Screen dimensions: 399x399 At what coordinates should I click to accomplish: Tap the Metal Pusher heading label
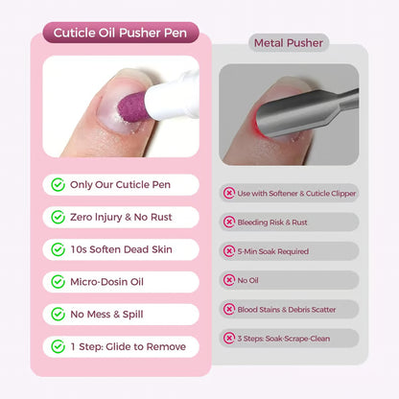[x=289, y=43]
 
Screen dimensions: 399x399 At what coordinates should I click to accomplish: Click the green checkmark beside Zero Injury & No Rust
[x=59, y=218]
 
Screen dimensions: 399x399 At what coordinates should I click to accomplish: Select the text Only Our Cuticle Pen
[x=121, y=185]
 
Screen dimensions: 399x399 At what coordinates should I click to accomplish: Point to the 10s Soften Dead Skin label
[x=121, y=249]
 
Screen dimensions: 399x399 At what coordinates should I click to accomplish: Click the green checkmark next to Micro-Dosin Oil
[x=59, y=282]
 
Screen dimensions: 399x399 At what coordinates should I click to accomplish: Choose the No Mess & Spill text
[x=113, y=314]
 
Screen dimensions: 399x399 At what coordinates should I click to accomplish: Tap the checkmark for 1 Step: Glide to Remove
[x=59, y=346]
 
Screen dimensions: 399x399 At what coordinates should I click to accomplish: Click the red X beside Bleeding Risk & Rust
[x=229, y=222]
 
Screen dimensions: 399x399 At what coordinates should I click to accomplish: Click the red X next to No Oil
[x=229, y=280]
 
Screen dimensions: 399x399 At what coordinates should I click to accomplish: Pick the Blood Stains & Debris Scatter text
[x=293, y=309]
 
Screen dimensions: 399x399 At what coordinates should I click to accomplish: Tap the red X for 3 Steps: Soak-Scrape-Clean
[x=229, y=338]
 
